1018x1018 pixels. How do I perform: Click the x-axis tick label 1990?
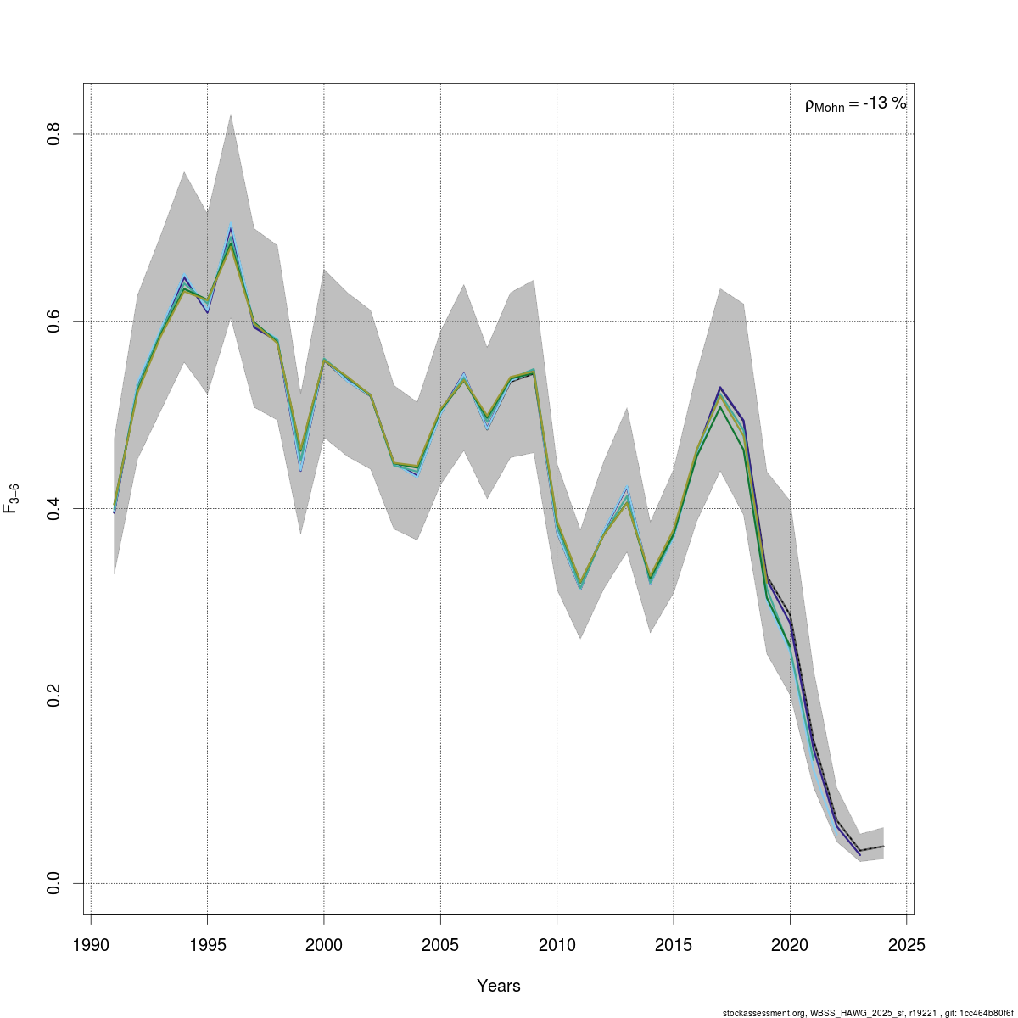click(90, 945)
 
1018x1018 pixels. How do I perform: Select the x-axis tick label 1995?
click(207, 945)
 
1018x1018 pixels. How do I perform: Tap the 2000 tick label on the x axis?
click(323, 945)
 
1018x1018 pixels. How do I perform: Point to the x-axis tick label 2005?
click(440, 945)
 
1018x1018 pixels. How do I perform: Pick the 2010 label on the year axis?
click(557, 945)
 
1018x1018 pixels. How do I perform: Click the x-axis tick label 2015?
click(674, 945)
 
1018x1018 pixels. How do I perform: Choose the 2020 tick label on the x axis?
click(790, 945)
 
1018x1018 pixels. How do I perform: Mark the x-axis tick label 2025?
click(907, 945)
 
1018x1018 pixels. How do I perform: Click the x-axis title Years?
click(499, 986)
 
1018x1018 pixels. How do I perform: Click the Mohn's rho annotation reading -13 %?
click(855, 104)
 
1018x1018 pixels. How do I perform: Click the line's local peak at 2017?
click(720, 407)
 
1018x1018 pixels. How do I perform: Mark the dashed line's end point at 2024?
click(883, 847)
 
